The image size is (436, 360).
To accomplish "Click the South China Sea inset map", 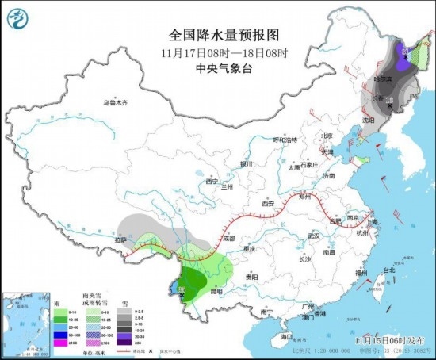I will [24, 322].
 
